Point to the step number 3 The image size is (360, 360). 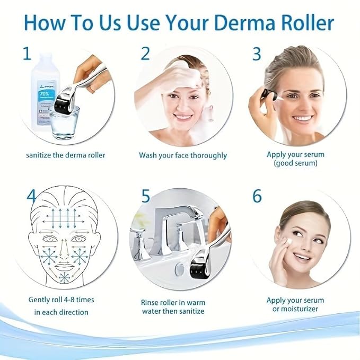pyautogui.click(x=257, y=54)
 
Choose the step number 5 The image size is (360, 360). pyautogui.click(x=146, y=196)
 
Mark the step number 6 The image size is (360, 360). pyautogui.click(x=257, y=196)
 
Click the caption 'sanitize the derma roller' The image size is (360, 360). pyautogui.click(x=66, y=155)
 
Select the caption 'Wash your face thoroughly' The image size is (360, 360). pyautogui.click(x=183, y=155)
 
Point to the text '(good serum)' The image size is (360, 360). pyautogui.click(x=296, y=164)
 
